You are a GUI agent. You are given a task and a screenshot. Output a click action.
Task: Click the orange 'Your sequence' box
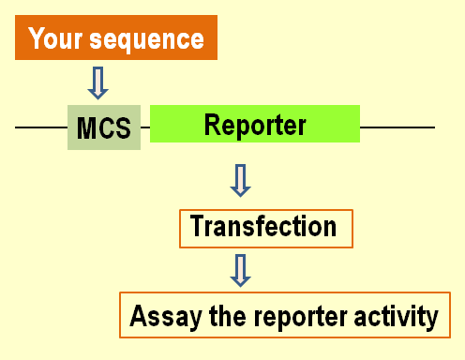116,38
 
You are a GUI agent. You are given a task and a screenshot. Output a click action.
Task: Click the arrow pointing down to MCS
97,82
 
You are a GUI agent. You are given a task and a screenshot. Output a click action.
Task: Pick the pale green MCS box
104,127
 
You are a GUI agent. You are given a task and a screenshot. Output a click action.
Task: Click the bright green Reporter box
255,124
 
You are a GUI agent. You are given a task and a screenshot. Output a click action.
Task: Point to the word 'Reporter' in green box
255,124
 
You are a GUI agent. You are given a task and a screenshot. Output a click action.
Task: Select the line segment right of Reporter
397,127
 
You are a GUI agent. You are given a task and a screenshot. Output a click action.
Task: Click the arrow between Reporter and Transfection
241,179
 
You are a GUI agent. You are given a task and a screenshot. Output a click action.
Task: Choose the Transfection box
265,228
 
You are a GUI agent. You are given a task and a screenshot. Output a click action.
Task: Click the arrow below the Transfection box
241,269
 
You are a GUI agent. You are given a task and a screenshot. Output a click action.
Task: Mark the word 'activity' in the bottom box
393,317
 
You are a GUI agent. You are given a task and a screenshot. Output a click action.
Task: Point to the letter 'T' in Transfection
197,227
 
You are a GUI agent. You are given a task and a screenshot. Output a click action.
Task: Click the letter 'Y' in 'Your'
37,39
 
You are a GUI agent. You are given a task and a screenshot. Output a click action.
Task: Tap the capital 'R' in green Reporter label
212,124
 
